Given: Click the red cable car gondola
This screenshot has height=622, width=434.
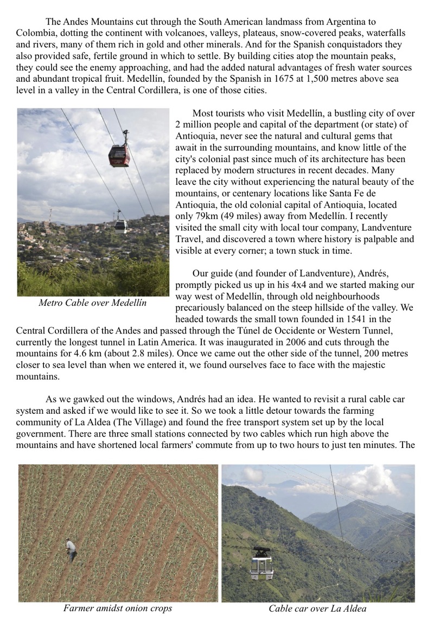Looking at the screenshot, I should [x=119, y=155].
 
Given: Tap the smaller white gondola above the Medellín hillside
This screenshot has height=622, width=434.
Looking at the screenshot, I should [x=120, y=225].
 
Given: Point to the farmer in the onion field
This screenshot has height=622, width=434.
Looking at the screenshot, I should [x=71, y=550].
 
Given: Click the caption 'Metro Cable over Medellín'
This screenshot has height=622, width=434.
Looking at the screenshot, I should [x=92, y=303].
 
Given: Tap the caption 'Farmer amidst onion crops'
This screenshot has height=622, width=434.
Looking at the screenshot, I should [x=118, y=608].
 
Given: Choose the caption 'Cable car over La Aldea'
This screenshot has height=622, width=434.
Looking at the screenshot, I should [x=317, y=608].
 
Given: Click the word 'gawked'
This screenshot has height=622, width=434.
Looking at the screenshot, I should [x=87, y=400].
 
